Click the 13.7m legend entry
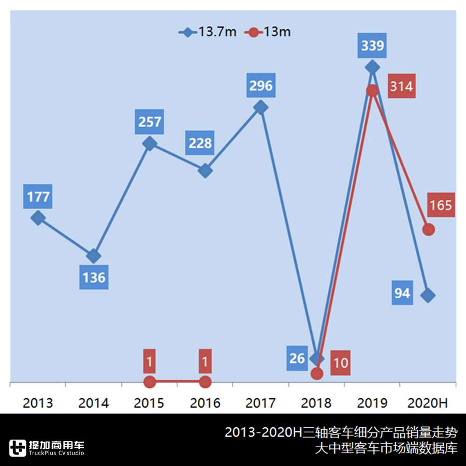point(208,32)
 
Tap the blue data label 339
point(372,46)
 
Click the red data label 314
point(401,86)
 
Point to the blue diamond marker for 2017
point(261,107)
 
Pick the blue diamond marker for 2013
point(37,217)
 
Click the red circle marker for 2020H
point(428,229)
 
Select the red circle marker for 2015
point(150,382)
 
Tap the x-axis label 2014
point(94,403)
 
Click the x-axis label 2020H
point(428,403)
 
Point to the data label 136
point(94,278)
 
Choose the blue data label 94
point(402,294)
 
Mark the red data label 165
point(441,205)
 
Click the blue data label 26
point(297,358)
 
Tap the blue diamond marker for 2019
point(372,67)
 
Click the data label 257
point(150,122)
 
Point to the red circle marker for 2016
point(205,382)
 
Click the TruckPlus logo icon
point(18,448)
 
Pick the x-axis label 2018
point(316,403)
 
